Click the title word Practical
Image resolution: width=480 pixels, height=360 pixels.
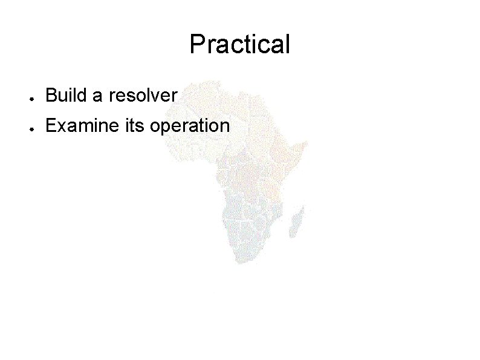click(240, 44)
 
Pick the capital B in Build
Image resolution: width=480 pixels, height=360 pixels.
click(51, 95)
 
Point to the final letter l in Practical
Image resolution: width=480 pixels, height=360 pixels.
click(288, 44)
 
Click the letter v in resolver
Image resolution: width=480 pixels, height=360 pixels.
click(156, 96)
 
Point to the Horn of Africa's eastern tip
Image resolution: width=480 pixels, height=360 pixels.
click(308, 144)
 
